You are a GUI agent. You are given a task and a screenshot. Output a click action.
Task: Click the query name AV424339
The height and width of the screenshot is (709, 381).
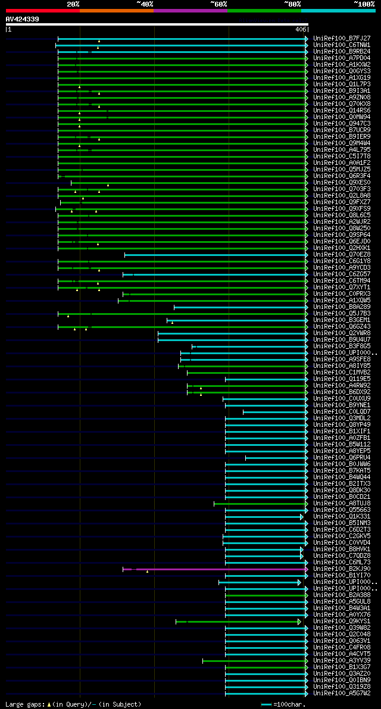point(23,19)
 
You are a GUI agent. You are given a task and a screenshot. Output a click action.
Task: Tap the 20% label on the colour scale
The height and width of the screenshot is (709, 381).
point(73,4)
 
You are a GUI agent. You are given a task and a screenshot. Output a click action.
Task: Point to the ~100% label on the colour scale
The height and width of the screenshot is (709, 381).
point(364,4)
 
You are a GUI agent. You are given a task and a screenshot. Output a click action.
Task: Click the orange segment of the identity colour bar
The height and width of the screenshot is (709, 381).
point(116,11)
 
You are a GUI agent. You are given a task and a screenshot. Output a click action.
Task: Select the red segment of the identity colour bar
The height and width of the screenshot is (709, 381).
point(42,11)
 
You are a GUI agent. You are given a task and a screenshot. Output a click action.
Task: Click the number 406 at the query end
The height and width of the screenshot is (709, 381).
point(301,29)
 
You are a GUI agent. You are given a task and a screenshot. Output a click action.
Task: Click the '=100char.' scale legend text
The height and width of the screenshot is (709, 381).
point(289,704)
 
